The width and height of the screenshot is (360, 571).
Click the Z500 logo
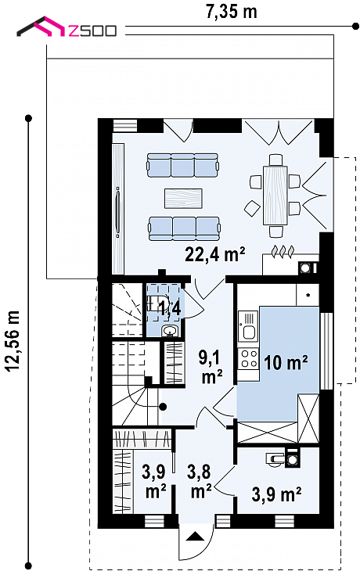click(67, 27)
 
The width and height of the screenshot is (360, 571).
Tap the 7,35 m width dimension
click(232, 11)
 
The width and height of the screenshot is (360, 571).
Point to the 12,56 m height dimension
click(13, 340)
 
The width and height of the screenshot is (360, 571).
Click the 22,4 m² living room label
click(215, 253)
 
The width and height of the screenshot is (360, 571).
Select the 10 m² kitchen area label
click(286, 362)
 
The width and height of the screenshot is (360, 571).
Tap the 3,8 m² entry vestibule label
click(200, 482)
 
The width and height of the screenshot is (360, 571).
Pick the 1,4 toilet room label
click(169, 309)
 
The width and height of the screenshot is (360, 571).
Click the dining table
click(275, 196)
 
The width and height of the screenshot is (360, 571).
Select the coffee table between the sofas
click(183, 199)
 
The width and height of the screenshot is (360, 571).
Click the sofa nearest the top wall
click(183, 165)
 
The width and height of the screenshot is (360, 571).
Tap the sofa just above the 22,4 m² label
click(185, 228)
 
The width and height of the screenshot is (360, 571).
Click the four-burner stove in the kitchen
click(248, 358)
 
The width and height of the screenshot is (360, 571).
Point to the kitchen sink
click(248, 325)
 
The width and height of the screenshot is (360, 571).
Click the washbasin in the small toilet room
click(170, 331)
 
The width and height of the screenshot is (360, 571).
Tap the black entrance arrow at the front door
click(195, 536)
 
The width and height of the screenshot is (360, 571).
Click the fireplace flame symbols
click(283, 252)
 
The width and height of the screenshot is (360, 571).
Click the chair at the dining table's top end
click(275, 160)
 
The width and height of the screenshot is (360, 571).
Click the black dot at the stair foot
click(164, 407)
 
